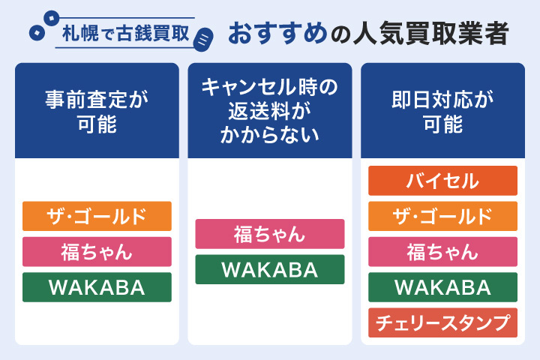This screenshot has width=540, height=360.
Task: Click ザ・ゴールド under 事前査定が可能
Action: [97, 216]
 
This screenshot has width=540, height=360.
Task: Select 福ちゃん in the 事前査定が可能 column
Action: [97, 251]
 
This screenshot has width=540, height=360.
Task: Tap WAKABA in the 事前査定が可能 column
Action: [97, 287]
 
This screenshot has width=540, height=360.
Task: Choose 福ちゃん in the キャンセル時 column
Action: [270, 234]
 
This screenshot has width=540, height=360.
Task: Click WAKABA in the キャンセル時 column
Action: [270, 269]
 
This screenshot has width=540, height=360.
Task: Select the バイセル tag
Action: [442, 181]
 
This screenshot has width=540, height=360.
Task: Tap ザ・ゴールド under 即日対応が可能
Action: [442, 216]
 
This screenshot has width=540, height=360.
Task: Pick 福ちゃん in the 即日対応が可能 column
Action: [442, 251]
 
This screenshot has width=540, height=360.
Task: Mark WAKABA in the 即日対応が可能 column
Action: [442, 287]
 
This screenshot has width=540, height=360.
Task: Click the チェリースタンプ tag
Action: [442, 322]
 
